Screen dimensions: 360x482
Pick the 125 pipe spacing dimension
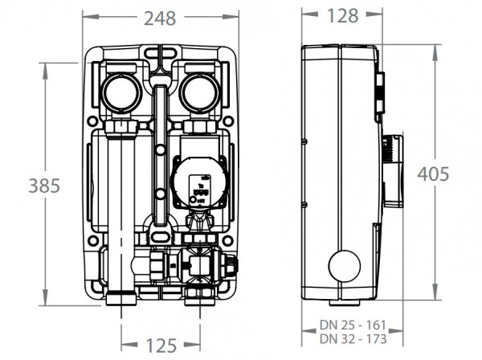(x=163, y=346)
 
